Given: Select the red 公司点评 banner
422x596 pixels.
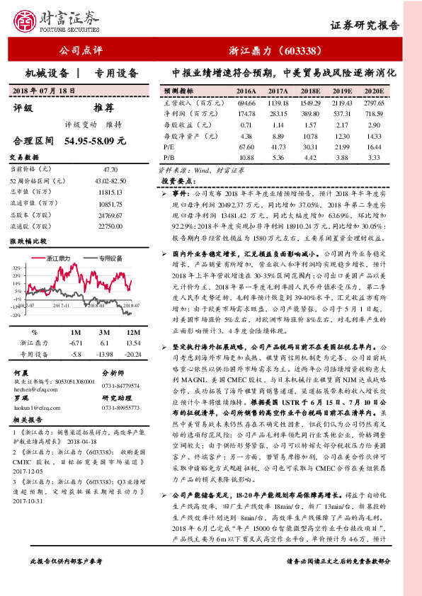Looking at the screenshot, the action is [81, 51].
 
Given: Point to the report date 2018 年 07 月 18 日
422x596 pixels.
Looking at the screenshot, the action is [44, 91].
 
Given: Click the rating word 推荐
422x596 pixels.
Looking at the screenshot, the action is [103, 108].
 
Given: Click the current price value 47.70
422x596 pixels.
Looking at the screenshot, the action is [110, 170].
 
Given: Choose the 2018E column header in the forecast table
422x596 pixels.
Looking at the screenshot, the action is [310, 92].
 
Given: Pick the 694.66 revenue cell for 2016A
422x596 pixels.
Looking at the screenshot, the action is [246, 103].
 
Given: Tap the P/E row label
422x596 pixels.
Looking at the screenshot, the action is [169, 146].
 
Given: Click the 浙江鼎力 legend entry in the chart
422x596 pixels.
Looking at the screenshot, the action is [57, 258].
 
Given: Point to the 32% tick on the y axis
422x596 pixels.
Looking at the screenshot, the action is [16, 268].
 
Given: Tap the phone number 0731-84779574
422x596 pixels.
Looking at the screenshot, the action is [120, 386].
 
